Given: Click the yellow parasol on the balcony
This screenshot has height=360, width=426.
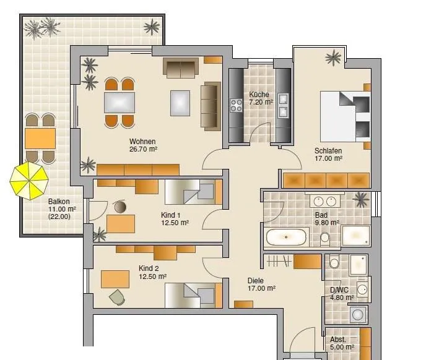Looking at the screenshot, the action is pos(29,181).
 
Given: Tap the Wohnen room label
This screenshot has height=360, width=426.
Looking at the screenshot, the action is pos(142,142).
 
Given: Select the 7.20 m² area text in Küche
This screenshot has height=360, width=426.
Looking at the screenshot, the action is pos(261,102).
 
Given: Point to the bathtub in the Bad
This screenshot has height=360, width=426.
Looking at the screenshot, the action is pos(286,237).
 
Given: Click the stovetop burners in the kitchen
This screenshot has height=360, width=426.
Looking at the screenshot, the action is pos(236,105).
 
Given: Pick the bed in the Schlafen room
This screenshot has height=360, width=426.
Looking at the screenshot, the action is pos(346,116).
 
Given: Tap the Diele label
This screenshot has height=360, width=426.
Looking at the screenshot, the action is pos(255,280).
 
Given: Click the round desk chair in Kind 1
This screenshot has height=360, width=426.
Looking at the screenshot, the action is pos(120,207).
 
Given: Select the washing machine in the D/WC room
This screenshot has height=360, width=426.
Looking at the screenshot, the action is pos(359,314).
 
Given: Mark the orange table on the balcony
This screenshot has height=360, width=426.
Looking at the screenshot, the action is pos(40,139).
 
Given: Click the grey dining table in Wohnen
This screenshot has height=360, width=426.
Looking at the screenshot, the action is pos(120,103).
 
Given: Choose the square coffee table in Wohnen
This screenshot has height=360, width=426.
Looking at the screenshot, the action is pos(180,103).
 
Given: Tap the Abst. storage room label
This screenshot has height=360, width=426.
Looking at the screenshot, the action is pos(338,340).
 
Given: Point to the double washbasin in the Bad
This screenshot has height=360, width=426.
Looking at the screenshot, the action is pos(325,202).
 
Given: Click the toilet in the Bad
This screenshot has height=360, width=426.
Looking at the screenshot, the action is pos(325,238).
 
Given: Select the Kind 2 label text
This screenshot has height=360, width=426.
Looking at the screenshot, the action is pos(149,268).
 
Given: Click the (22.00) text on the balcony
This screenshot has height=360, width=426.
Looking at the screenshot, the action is pos(59,216).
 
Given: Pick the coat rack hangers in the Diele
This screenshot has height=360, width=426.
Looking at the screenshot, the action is pos(279,261).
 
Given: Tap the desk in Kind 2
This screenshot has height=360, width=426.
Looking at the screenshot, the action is pos(115,279).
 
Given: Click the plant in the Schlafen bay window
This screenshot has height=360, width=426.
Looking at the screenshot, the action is pos(333,58).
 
